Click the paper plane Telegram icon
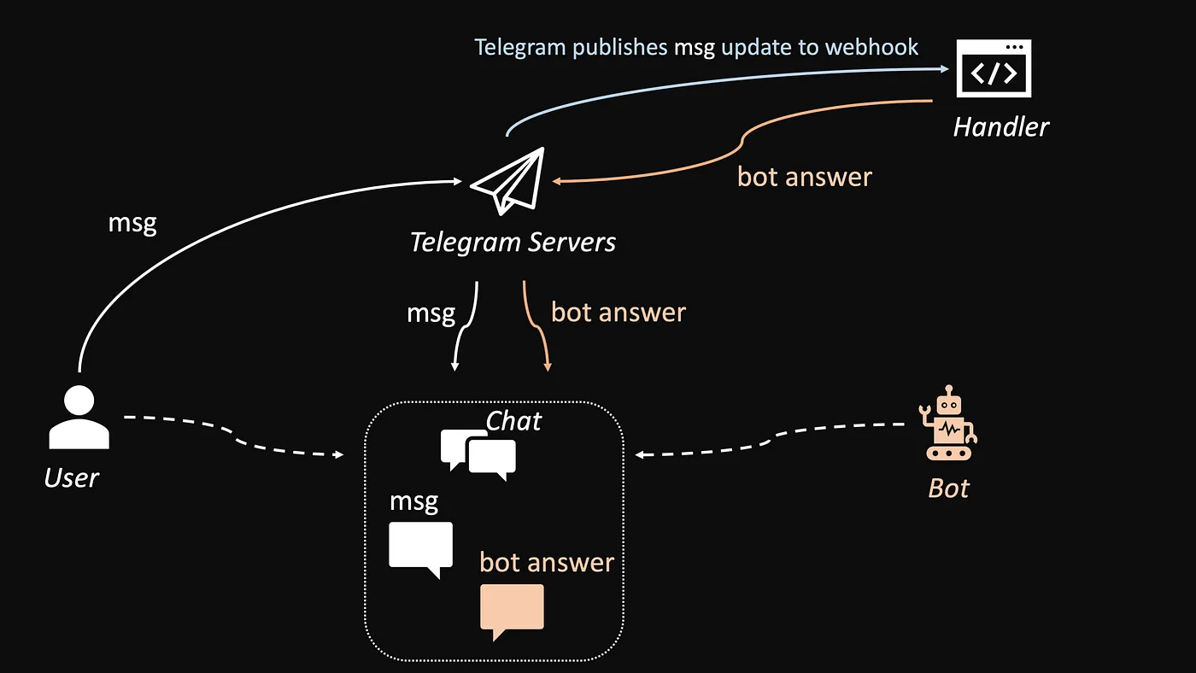tap(509, 181)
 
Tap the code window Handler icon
tap(994, 68)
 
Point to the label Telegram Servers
tap(513, 242)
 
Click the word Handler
tap(1000, 127)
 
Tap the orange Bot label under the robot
tap(948, 489)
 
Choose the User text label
tap(72, 477)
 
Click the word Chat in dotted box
tap(513, 420)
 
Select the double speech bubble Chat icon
tap(478, 454)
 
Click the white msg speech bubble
tap(420, 547)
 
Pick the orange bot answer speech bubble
tap(512, 609)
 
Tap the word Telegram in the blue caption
tap(520, 46)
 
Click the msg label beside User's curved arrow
tap(132, 223)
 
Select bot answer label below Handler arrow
tap(804, 177)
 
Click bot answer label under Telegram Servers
tap(618, 312)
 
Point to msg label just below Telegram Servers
tap(431, 313)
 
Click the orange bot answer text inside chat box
tap(547, 562)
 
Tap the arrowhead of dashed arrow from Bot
tap(639, 454)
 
